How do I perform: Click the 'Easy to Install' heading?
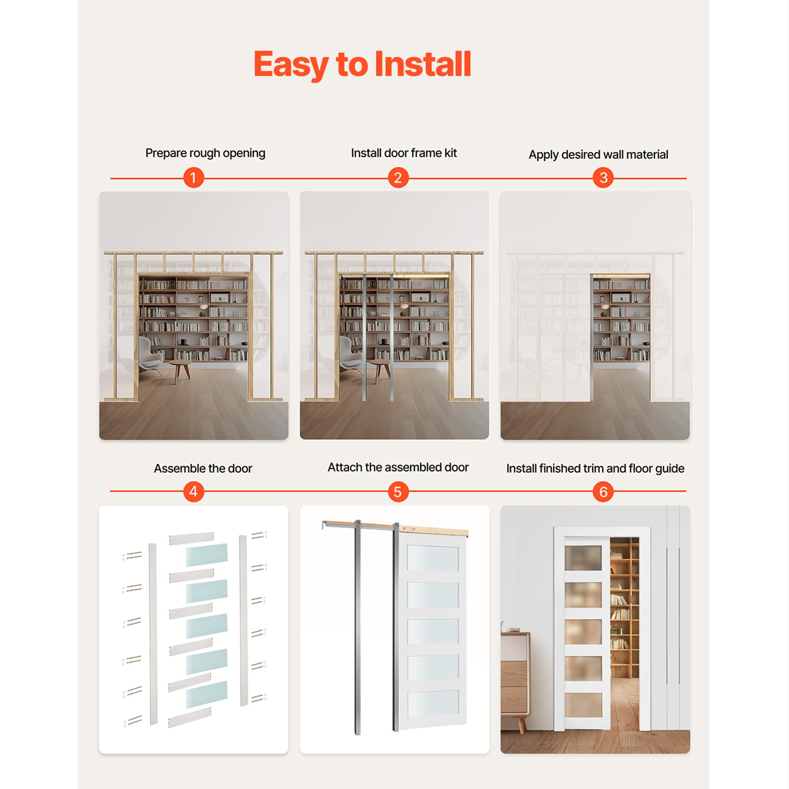362,65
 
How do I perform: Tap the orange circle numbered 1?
193,178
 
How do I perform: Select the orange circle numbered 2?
398,178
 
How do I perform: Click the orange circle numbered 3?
603,178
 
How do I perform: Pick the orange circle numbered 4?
193,491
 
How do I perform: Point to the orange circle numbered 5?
398,492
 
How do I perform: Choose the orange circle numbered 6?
603,492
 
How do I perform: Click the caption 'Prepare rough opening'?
205,153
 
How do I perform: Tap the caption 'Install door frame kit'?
404,153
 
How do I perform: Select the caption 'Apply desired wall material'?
598,155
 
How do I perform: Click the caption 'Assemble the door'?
203,468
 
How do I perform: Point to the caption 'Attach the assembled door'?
398,467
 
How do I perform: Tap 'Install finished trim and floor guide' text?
595,468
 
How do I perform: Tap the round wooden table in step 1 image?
179,367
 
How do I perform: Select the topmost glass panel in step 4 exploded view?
207,555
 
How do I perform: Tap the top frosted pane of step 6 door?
583,558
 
